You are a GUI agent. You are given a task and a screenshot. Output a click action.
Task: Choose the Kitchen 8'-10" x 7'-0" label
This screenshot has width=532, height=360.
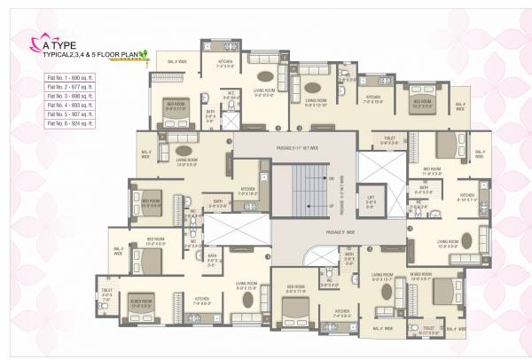pos(467,198)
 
